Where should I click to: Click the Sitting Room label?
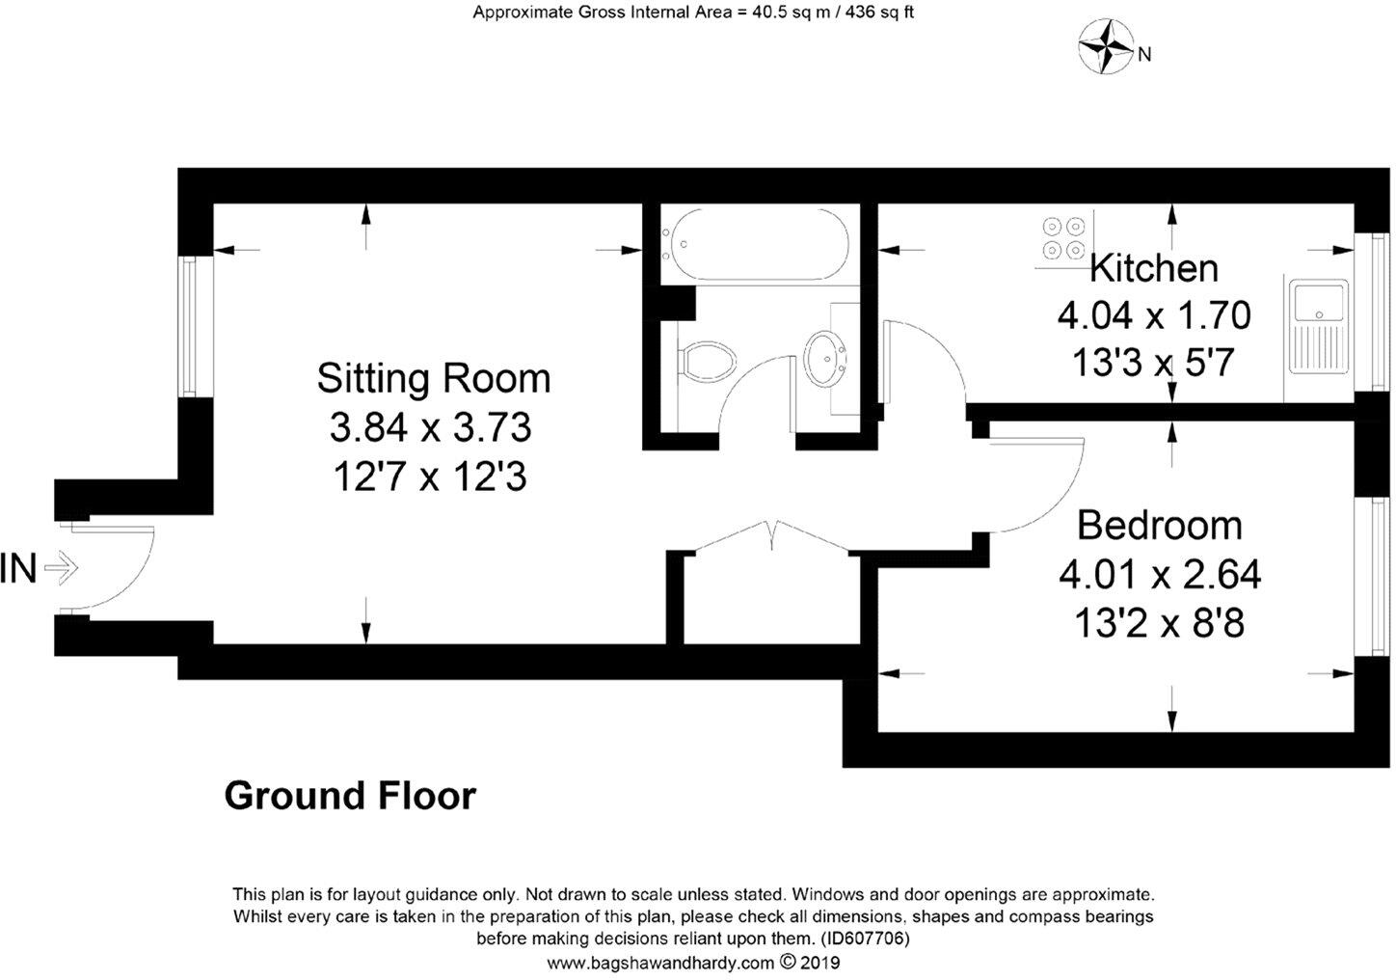pyautogui.click(x=434, y=378)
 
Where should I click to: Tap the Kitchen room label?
pyautogui.click(x=1153, y=268)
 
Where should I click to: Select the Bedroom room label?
pyautogui.click(x=1159, y=526)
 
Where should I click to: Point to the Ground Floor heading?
pyautogui.click(x=350, y=797)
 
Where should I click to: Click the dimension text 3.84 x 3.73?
pyautogui.click(x=430, y=427)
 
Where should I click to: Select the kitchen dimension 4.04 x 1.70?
pyautogui.click(x=1154, y=315)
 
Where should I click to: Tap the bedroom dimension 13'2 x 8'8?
pyautogui.click(x=1159, y=624)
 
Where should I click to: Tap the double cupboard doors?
pyautogui.click(x=772, y=536)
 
